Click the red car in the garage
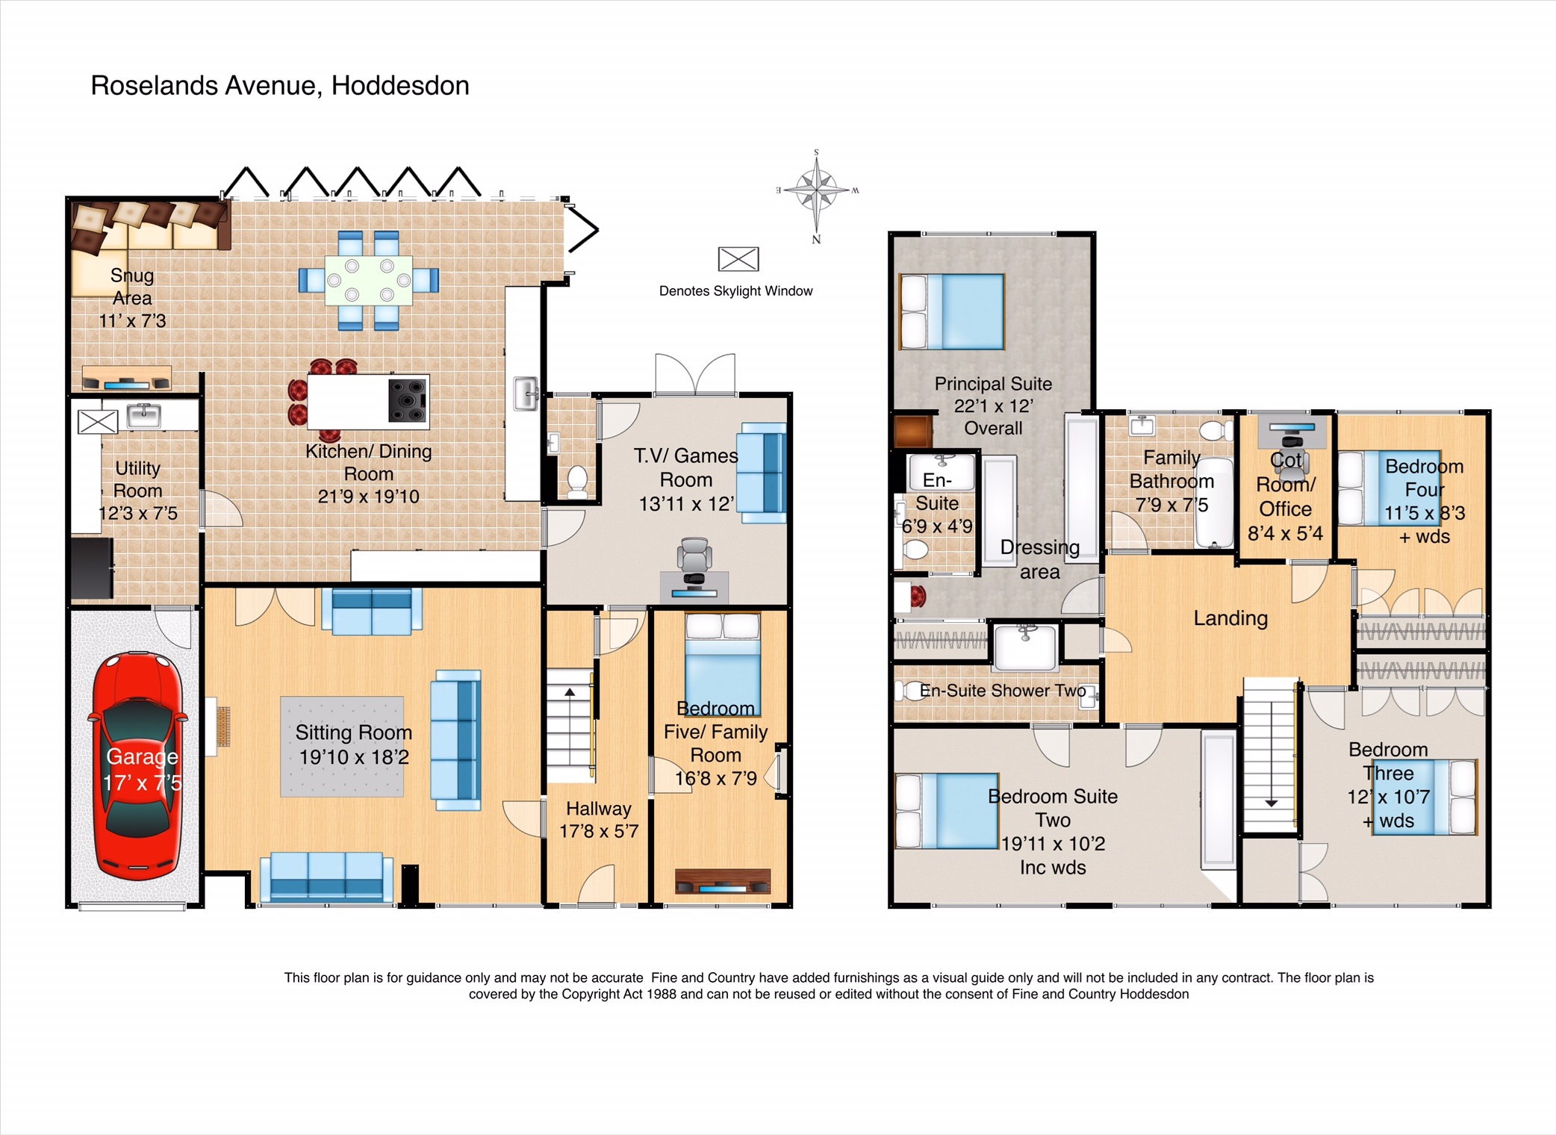point(137,765)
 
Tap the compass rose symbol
point(817,190)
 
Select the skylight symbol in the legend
point(738,259)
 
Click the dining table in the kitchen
point(368,280)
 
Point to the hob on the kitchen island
point(408,400)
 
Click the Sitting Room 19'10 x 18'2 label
point(353,744)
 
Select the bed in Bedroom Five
point(722,657)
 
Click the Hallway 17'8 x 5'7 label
point(599,820)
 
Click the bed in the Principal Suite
point(952,311)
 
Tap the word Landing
point(1230,618)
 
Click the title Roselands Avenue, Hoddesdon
point(280,86)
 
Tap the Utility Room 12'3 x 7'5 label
point(137,491)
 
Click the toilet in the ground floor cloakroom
point(577,481)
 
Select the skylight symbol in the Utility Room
point(98,422)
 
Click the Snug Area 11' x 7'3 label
point(132,298)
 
